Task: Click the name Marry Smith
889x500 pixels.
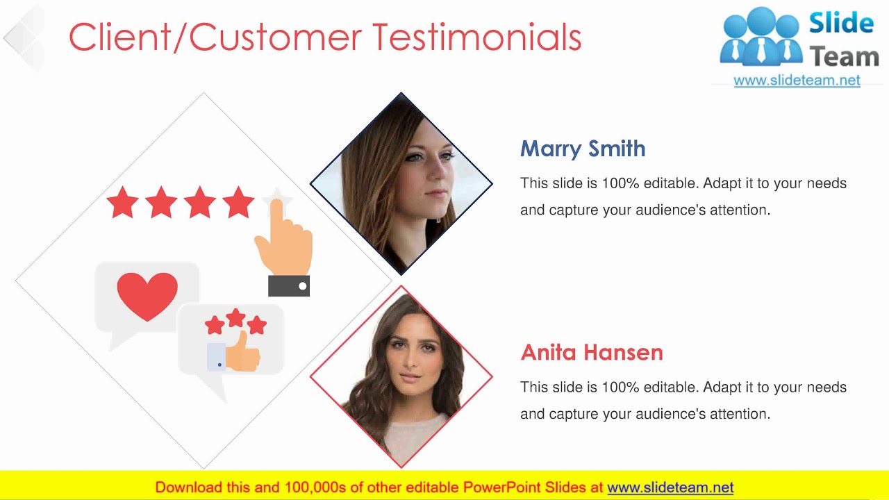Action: (583, 149)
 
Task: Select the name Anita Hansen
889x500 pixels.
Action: (592, 352)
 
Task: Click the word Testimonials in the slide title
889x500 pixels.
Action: (476, 37)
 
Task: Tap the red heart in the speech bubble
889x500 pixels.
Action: (147, 295)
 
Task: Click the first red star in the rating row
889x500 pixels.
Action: (123, 202)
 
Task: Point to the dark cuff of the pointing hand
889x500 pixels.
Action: (289, 285)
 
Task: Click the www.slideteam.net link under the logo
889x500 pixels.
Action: (797, 80)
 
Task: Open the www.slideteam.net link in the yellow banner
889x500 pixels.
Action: (670, 487)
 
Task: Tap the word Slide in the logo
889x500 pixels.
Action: (840, 23)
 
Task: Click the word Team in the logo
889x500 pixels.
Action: (845, 57)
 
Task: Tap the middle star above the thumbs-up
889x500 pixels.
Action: (236, 318)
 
